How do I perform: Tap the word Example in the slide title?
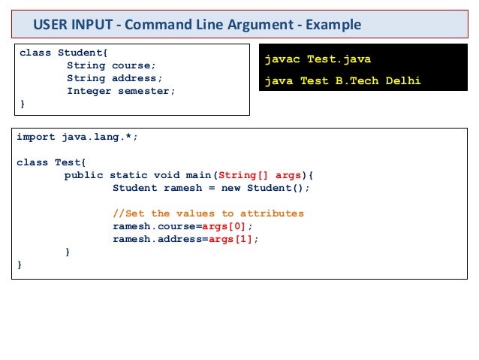(331, 25)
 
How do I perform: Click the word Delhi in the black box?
(402, 80)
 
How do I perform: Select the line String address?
(114, 78)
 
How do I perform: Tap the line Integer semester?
(120, 91)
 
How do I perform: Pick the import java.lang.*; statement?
(77, 138)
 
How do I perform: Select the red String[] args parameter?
(258, 175)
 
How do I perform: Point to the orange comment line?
(208, 213)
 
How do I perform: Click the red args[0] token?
(228, 226)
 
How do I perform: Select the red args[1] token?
(234, 239)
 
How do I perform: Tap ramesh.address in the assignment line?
(158, 239)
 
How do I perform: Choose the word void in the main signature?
(167, 175)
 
